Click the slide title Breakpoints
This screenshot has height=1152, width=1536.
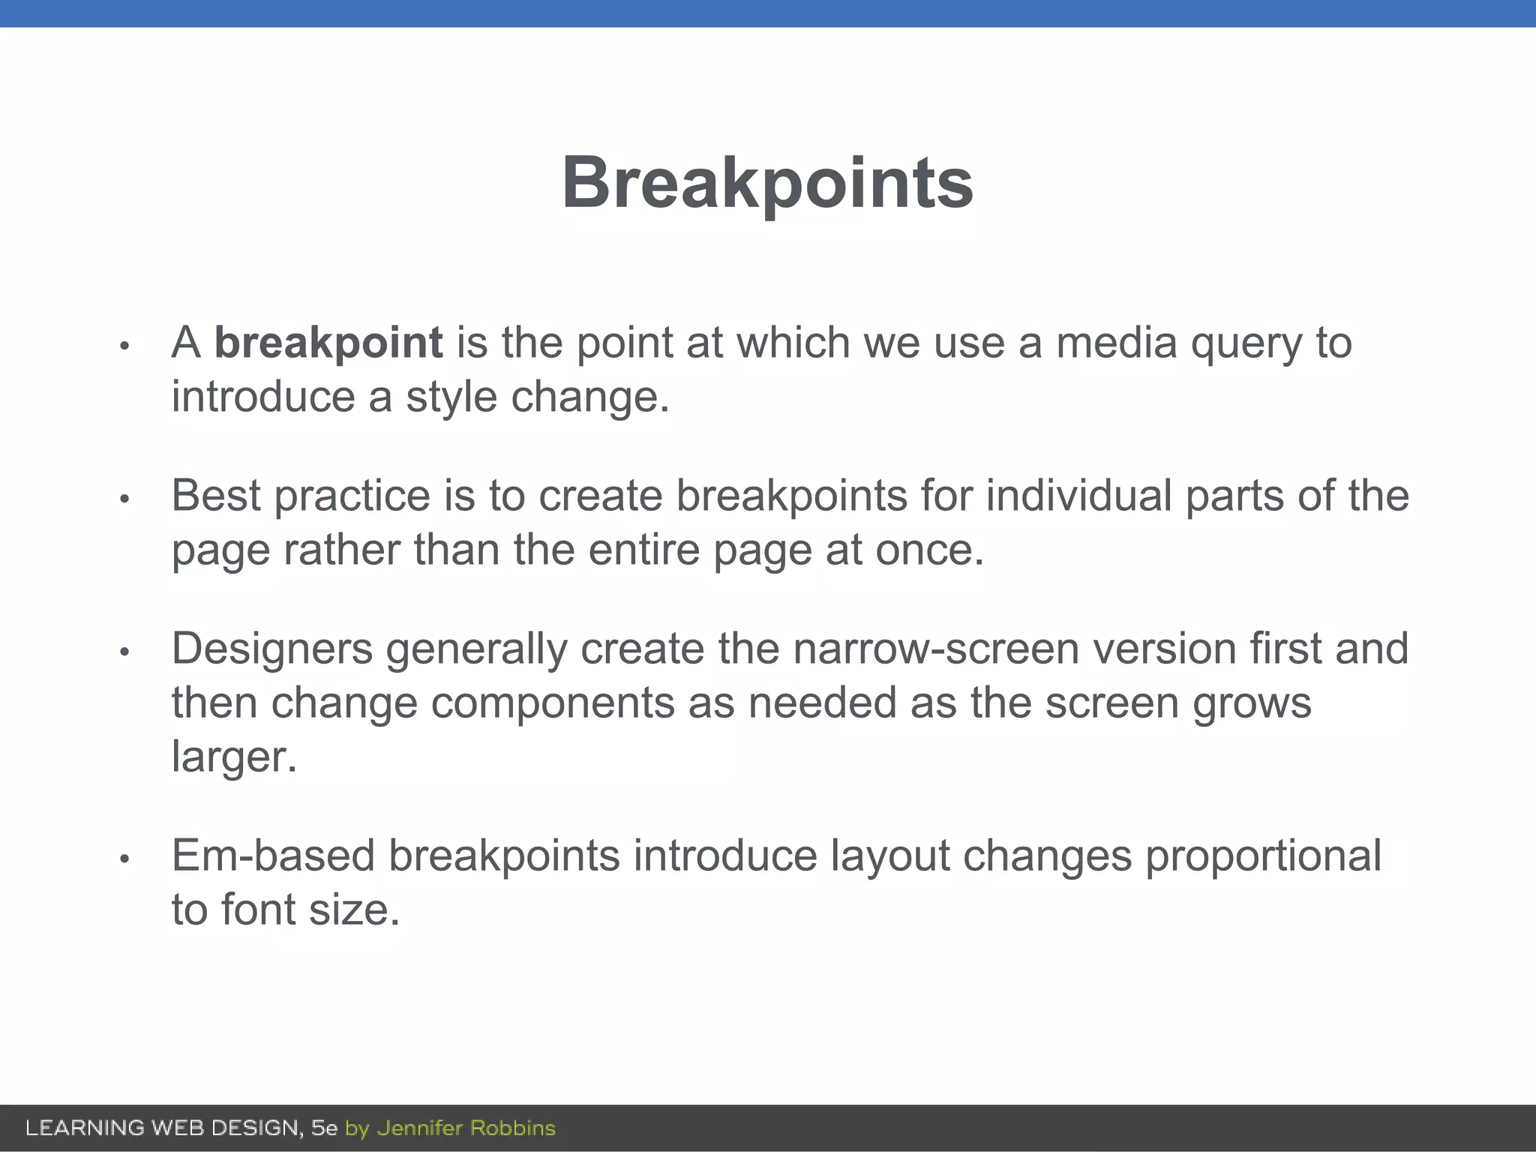[767, 184]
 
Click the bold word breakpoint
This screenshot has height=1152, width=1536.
[328, 343]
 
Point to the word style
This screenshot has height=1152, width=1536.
[451, 397]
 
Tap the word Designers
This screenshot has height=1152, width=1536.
[272, 649]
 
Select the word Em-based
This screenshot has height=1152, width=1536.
[273, 856]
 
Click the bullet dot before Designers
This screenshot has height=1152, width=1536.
[125, 651]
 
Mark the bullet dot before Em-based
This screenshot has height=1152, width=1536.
[125, 859]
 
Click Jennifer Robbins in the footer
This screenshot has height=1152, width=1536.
[466, 1128]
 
